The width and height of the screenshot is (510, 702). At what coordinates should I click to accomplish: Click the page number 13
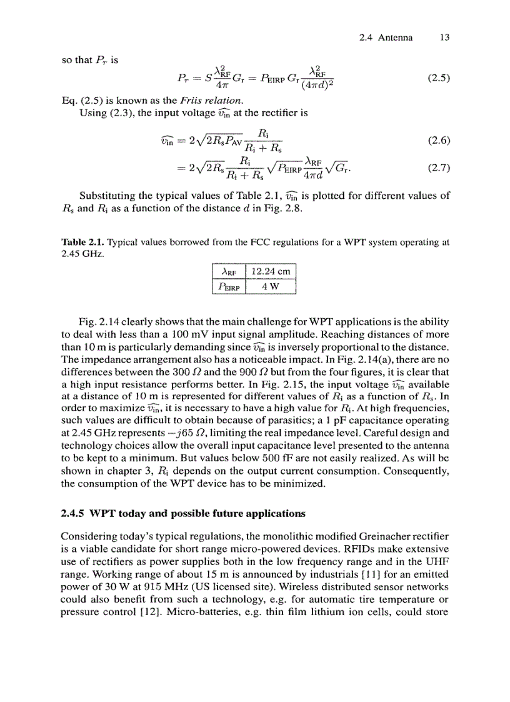click(x=444, y=38)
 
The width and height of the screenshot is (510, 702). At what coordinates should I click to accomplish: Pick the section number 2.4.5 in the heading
click(x=73, y=514)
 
